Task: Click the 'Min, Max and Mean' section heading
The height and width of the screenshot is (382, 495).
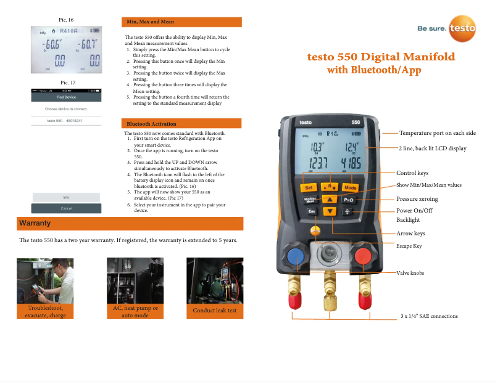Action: tap(150, 22)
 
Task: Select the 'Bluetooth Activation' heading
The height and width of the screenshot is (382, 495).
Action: tap(151, 124)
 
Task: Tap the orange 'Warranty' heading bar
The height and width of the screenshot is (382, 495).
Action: tap(130, 223)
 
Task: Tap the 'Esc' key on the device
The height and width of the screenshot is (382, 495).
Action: tap(311, 211)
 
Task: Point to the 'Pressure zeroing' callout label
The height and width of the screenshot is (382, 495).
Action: tap(417, 200)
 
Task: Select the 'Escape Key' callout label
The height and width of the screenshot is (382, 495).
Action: tap(409, 245)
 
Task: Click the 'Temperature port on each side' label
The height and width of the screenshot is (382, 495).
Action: tap(437, 133)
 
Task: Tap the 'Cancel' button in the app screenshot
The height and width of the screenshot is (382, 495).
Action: tap(66, 209)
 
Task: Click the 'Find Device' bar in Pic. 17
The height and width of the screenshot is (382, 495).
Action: tap(66, 97)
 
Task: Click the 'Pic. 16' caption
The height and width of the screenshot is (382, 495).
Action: tap(67, 20)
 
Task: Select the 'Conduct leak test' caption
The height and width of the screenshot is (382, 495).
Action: tap(214, 311)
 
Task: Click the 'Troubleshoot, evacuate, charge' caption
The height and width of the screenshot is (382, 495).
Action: tap(45, 311)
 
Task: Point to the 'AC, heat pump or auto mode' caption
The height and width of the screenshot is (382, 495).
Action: tap(135, 311)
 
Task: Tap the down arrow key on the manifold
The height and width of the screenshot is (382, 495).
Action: tap(331, 211)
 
